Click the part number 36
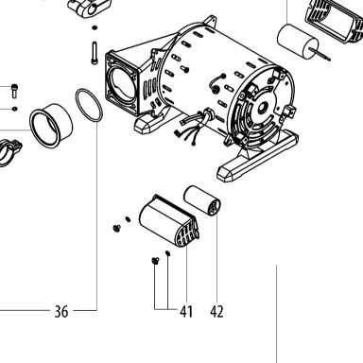pyautogui.click(x=61, y=311)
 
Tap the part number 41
pyautogui.click(x=186, y=311)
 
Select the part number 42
pyautogui.click(x=216, y=311)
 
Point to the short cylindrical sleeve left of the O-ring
pyautogui.click(x=51, y=125)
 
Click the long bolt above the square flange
pyautogui.click(x=95, y=53)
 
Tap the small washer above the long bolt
pyautogui.click(x=95, y=28)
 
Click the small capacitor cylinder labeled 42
pyautogui.click(x=202, y=200)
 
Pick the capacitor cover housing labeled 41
pyautogui.click(x=168, y=220)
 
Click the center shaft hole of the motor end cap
pyautogui.click(x=261, y=109)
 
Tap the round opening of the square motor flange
pyautogui.click(x=121, y=83)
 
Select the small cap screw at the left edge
pyautogui.click(x=14, y=91)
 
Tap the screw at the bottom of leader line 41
pyautogui.click(x=155, y=261)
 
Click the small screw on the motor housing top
pyautogui.click(x=184, y=68)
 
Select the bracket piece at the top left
pyautogui.click(x=90, y=8)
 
